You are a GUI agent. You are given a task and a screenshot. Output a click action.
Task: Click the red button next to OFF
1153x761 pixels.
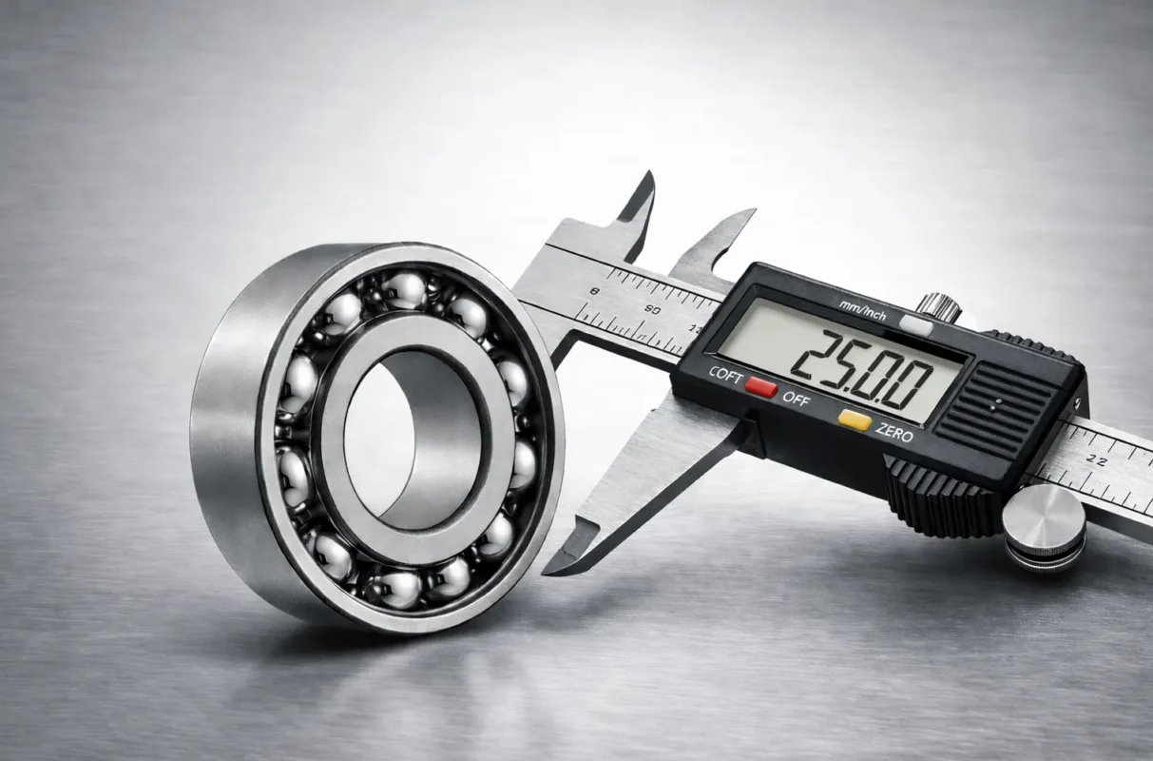tap(761, 387)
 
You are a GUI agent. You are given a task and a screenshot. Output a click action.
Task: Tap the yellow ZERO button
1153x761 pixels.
tap(855, 420)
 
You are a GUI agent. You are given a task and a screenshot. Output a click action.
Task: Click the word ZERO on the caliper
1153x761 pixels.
tap(894, 435)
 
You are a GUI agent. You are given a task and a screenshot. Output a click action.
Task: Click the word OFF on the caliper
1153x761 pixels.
tap(796, 399)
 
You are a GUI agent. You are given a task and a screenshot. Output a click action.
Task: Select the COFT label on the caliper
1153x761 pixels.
tap(726, 374)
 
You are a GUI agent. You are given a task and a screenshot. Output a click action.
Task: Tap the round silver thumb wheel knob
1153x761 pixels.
tap(1043, 526)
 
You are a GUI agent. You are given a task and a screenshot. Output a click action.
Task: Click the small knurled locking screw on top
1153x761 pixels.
tap(938, 306)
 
